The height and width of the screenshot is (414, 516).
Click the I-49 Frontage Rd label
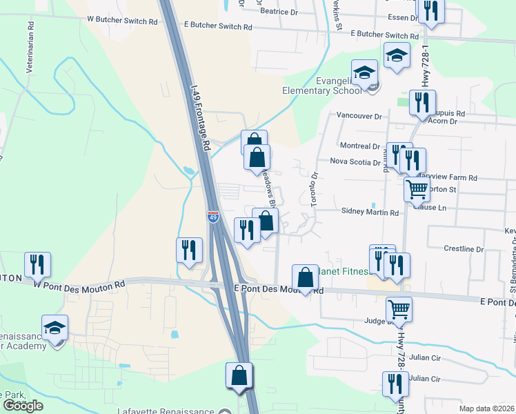coord(199,119)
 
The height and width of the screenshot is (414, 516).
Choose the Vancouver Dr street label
coord(359,117)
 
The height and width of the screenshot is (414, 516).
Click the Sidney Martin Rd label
coord(370,213)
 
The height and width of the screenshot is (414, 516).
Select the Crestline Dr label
coord(464,248)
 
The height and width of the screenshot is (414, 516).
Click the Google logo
coord(23,406)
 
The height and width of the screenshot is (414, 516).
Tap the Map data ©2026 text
coord(486,408)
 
